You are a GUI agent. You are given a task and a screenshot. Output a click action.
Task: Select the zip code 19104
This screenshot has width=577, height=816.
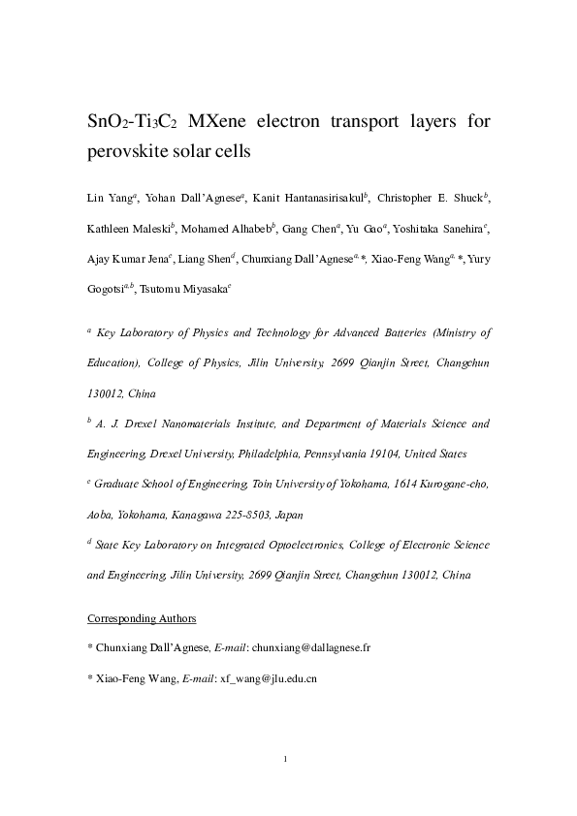[380, 454]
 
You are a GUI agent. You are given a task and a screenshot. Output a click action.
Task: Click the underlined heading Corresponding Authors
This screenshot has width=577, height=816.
[142, 617]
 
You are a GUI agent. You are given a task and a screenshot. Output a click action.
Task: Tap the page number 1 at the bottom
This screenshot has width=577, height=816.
[287, 758]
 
